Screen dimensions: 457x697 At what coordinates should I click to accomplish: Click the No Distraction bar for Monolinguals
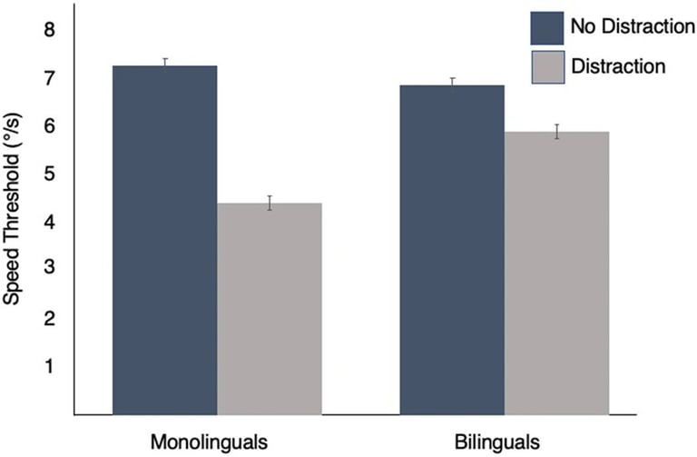(164, 241)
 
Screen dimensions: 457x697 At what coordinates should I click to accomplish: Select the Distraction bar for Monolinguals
(270, 309)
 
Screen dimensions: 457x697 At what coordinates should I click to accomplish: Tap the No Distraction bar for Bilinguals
(451, 250)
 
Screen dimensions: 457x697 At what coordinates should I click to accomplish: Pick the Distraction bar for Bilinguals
(556, 273)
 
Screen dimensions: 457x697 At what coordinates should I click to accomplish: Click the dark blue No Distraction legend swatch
(546, 27)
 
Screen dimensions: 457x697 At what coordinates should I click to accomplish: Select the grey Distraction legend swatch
(546, 65)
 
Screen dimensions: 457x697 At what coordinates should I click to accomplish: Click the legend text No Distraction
(626, 27)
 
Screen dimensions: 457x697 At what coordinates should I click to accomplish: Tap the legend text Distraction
(618, 65)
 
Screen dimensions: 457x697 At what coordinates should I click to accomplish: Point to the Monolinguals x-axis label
(209, 442)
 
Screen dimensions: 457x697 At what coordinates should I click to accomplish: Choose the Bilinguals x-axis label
(499, 442)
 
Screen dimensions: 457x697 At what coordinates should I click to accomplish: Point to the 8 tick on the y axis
(50, 31)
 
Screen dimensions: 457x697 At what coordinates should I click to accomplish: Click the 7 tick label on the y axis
(50, 78)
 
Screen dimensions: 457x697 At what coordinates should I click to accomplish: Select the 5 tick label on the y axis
(50, 174)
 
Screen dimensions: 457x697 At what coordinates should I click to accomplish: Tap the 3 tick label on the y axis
(50, 269)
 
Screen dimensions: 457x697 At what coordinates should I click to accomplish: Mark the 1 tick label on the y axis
(50, 365)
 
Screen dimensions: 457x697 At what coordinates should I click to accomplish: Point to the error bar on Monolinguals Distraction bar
(270, 203)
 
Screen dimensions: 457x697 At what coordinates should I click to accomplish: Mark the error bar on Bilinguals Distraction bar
(556, 132)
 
